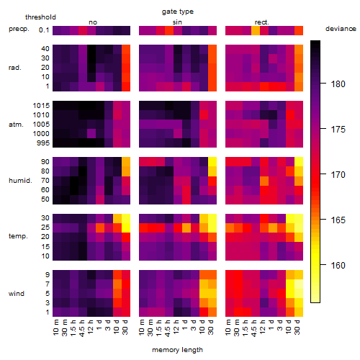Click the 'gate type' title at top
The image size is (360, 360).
[178, 12]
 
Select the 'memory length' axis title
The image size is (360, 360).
[177, 350]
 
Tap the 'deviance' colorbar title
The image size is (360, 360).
[341, 29]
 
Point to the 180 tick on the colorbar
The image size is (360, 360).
[323, 84]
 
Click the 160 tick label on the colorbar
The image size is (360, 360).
[338, 265]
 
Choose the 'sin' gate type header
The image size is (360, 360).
[177, 22]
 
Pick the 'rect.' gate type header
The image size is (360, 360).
[261, 22]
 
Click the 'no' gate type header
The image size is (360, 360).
[93, 22]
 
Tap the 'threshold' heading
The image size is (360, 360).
[40, 17]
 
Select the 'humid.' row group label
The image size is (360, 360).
[20, 181]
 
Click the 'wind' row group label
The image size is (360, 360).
[17, 294]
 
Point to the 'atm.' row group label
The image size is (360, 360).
[16, 125]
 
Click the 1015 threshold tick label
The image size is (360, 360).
[41, 105]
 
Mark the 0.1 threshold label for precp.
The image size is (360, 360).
[44, 30]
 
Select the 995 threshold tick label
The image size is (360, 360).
[43, 143]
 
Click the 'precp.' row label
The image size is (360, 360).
[19, 29]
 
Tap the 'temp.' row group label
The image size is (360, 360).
[18, 236]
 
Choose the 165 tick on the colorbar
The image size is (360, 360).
[323, 219]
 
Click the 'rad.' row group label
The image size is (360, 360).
[15, 68]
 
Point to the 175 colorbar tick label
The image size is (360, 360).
[338, 130]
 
